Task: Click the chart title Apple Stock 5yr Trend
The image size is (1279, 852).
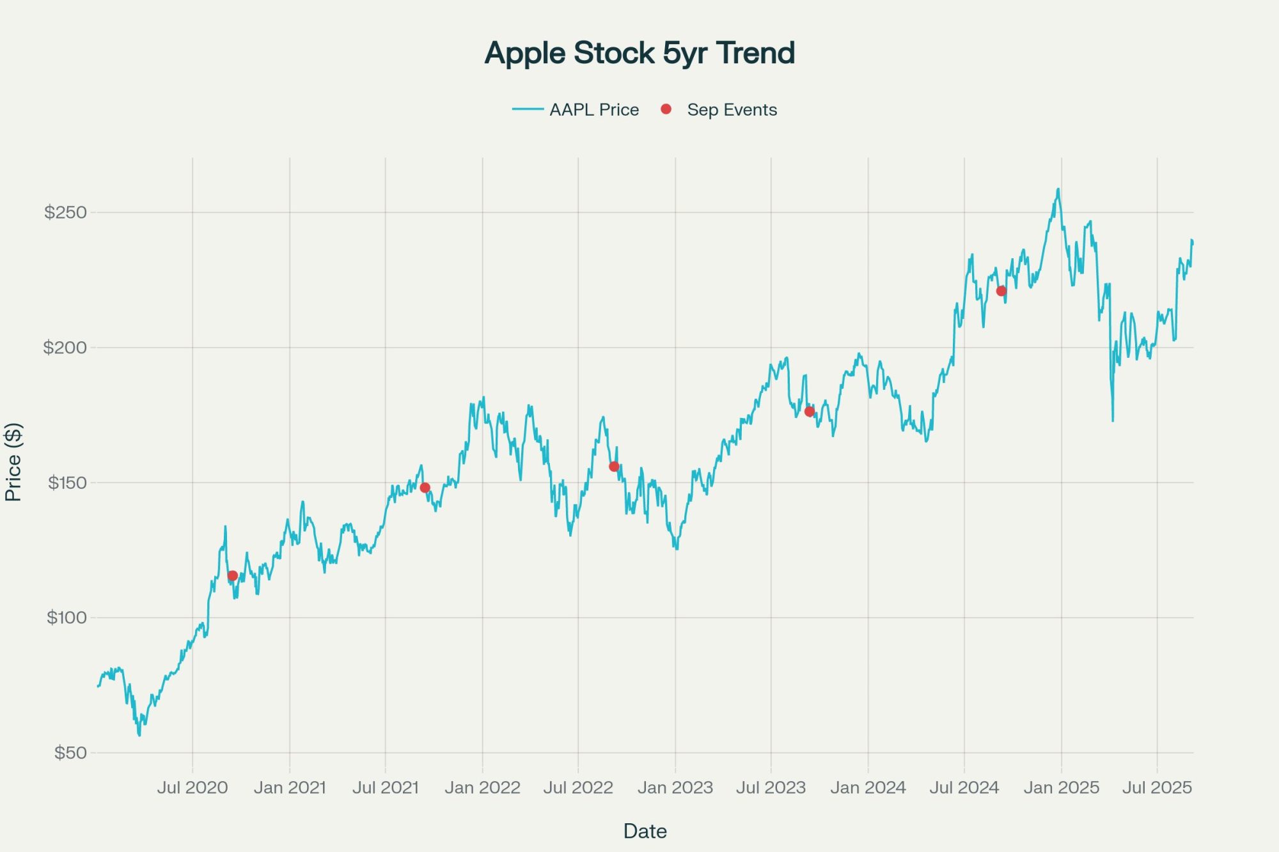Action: (639, 53)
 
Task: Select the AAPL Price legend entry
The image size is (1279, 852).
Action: (593, 110)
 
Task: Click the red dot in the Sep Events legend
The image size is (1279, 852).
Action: (666, 109)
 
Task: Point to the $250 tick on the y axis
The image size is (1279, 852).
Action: (65, 212)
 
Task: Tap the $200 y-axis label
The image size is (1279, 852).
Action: (65, 348)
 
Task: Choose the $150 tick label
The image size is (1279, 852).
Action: (67, 483)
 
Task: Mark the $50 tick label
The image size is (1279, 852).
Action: (70, 753)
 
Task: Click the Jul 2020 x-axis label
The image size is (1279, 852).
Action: (192, 787)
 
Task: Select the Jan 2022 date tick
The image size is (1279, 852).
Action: (482, 787)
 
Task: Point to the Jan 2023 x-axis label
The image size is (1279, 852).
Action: (675, 787)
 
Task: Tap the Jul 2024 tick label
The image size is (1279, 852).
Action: (964, 787)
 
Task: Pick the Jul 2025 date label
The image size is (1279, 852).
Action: (1157, 787)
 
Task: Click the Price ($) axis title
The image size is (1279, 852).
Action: (13, 461)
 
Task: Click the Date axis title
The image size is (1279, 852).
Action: (645, 831)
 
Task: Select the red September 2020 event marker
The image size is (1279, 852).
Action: (233, 576)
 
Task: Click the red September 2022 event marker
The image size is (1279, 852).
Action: (614, 467)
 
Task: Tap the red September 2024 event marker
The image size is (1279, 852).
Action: (1001, 291)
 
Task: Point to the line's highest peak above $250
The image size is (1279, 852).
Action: (1058, 189)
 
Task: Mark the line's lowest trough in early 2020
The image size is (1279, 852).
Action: (139, 735)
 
